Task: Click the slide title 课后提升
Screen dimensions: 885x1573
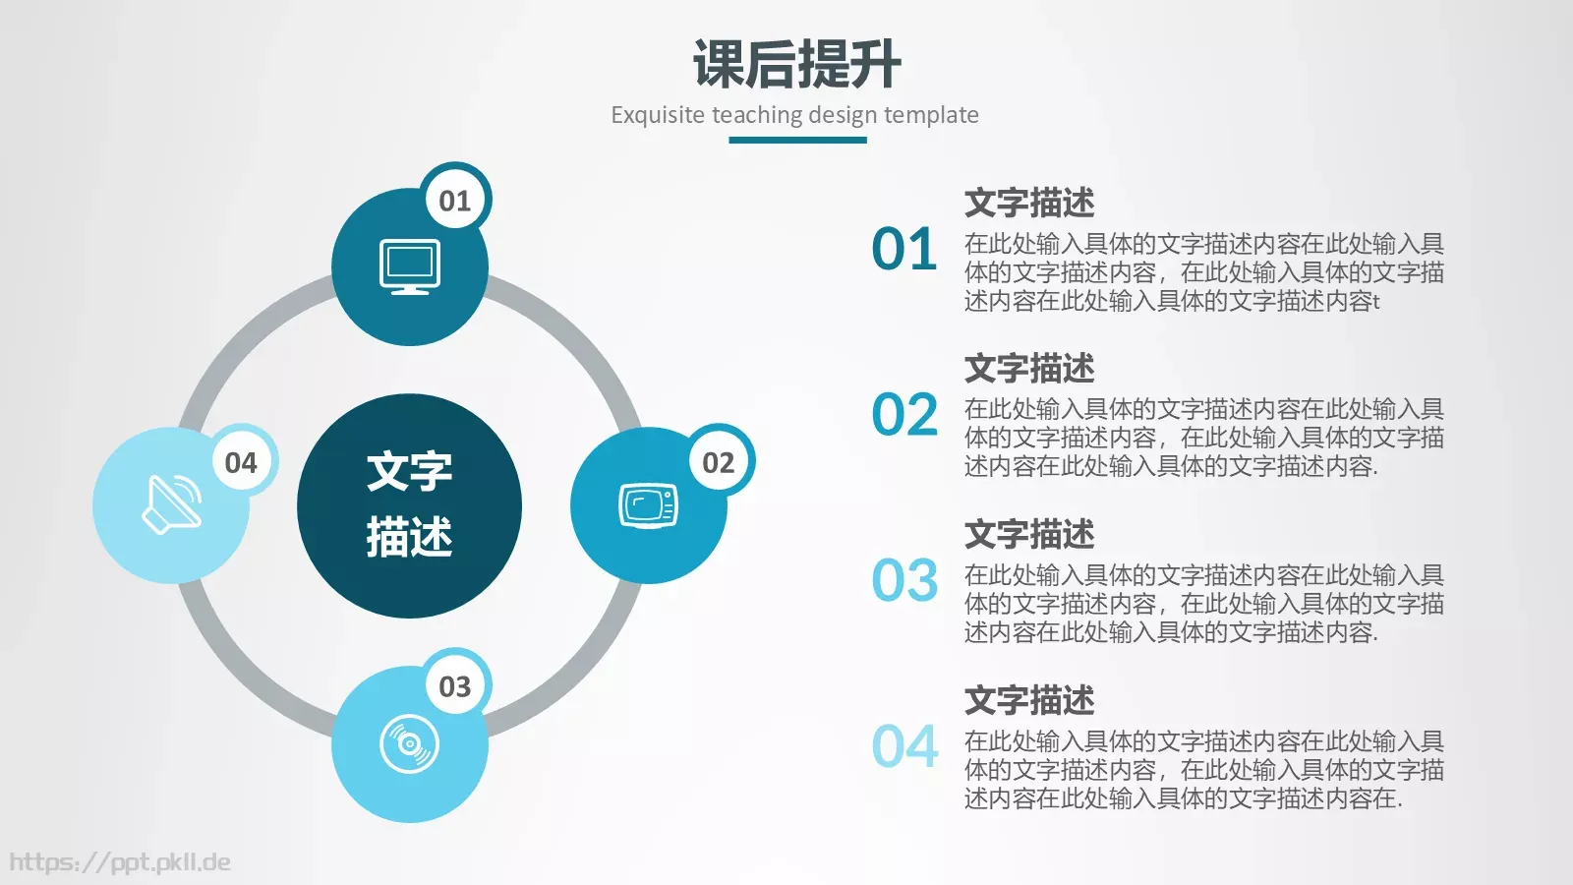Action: pyautogui.click(x=796, y=65)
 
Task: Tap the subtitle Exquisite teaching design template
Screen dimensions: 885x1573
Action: pyautogui.click(x=794, y=115)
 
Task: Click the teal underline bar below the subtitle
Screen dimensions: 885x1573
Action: pyautogui.click(x=797, y=140)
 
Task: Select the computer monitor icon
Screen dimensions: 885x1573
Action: pyautogui.click(x=410, y=266)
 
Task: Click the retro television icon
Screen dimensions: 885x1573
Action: pyautogui.click(x=648, y=505)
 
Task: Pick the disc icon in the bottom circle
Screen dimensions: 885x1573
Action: pyautogui.click(x=410, y=744)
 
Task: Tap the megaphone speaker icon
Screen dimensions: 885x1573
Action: pyautogui.click(x=172, y=504)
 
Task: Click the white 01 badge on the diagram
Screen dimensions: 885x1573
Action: pyautogui.click(x=455, y=201)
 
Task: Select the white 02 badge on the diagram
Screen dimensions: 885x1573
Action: pyautogui.click(x=718, y=462)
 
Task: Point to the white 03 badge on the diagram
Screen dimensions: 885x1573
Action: pyautogui.click(x=455, y=686)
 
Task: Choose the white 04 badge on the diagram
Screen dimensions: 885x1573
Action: pyautogui.click(x=241, y=462)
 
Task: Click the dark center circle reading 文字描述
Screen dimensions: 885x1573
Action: pyautogui.click(x=409, y=505)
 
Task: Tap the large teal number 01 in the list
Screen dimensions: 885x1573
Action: pyautogui.click(x=904, y=250)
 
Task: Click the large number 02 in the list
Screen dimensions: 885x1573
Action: pyautogui.click(x=904, y=415)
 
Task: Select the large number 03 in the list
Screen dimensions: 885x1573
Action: pyautogui.click(x=904, y=581)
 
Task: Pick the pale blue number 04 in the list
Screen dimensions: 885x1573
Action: pyautogui.click(x=904, y=747)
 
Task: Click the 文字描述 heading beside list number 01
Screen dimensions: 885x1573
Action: pyautogui.click(x=1029, y=203)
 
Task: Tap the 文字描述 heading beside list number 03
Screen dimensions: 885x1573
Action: pyautogui.click(x=1029, y=534)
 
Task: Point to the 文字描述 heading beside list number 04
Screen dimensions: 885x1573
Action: pyautogui.click(x=1029, y=700)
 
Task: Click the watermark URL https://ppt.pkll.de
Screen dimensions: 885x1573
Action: pyautogui.click(x=120, y=862)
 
